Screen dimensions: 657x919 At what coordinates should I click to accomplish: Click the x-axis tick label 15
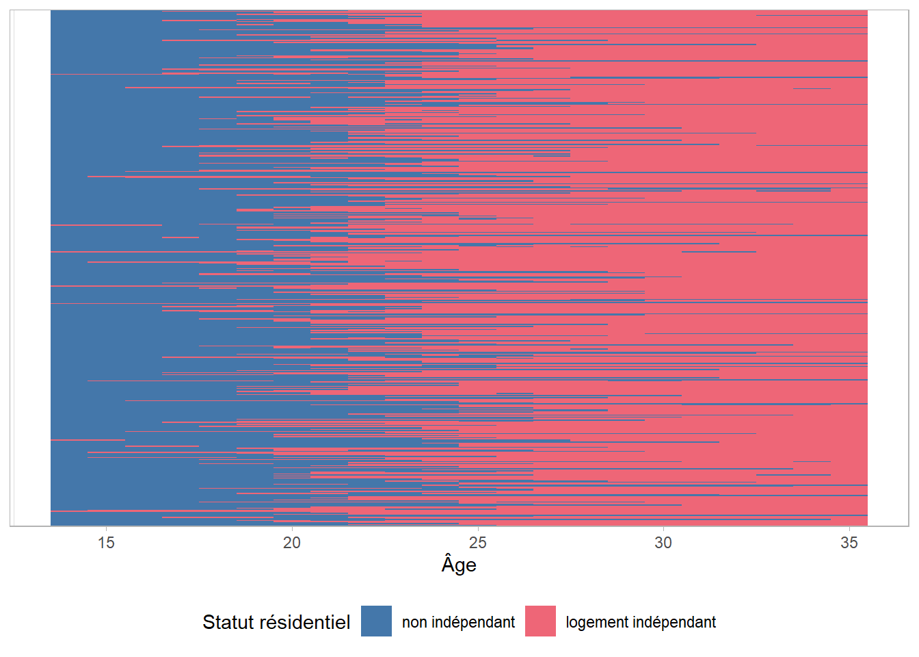(x=106, y=543)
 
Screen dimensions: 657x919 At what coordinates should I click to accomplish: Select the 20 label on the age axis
(x=292, y=543)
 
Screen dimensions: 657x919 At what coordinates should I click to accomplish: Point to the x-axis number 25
(x=477, y=543)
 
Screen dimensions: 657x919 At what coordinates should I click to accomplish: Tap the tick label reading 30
(x=663, y=543)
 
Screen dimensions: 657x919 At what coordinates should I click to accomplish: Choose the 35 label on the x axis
(x=849, y=543)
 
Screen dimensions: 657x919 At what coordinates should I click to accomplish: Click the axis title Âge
(x=459, y=565)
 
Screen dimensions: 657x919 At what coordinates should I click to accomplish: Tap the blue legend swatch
(x=376, y=621)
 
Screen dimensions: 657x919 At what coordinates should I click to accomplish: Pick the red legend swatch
(x=540, y=621)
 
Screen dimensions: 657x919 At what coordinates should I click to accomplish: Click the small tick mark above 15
(x=106, y=529)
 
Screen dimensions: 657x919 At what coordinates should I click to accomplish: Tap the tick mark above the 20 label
(x=292, y=529)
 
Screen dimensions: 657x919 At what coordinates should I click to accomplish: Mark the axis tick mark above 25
(x=477, y=529)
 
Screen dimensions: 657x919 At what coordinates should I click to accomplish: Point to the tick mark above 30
(x=663, y=529)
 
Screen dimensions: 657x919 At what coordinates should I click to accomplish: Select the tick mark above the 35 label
(x=849, y=529)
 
